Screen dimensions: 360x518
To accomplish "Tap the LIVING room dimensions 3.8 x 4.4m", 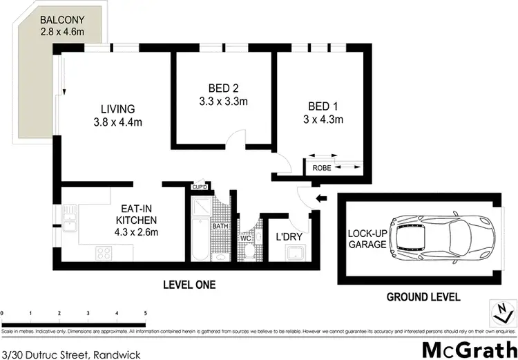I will click(x=121, y=124).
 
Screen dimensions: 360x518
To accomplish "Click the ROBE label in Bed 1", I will click(x=322, y=168).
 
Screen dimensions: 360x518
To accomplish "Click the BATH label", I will click(x=220, y=226).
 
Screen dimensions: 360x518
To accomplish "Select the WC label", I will click(x=246, y=238).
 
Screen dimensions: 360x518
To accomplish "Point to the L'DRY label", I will click(x=289, y=237).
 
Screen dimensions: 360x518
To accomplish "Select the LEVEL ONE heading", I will click(x=189, y=284).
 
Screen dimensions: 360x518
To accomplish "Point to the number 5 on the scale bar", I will click(x=146, y=313).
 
